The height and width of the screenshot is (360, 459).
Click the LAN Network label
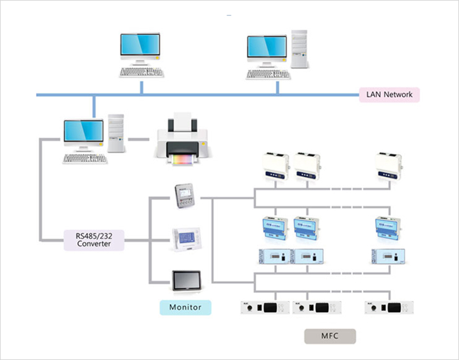[x=390, y=95]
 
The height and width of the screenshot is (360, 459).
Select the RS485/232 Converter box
[x=94, y=240]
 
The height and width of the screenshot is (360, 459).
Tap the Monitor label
[x=185, y=307]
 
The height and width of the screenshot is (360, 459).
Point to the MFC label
[x=329, y=336]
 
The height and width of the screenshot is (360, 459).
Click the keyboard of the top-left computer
[x=142, y=72]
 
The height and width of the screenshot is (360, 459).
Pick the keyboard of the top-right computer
[x=268, y=74]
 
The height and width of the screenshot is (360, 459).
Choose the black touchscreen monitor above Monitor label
[x=186, y=281]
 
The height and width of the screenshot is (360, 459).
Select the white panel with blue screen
[x=186, y=239]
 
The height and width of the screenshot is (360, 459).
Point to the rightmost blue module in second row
[x=390, y=227]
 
